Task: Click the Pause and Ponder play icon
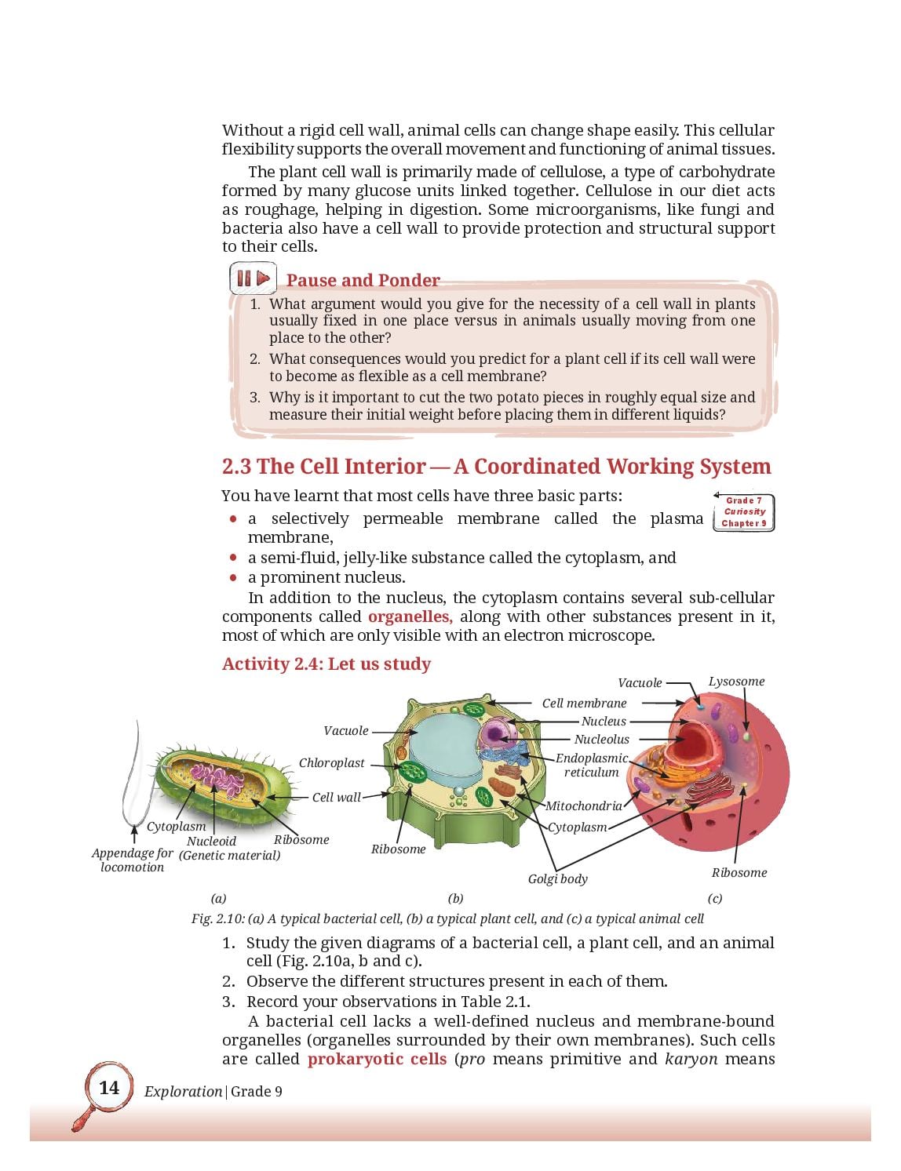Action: point(253,278)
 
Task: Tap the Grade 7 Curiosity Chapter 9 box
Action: point(743,512)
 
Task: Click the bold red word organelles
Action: point(410,616)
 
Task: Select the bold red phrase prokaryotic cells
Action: point(377,1059)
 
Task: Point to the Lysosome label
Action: point(736,681)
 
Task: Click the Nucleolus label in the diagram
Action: point(601,740)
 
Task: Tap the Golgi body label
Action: point(557,879)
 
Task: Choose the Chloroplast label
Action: point(332,763)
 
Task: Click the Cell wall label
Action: point(337,797)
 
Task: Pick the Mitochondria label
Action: point(583,806)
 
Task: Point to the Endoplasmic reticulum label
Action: point(592,766)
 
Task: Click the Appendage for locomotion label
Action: point(132,860)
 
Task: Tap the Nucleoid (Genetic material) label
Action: point(229,848)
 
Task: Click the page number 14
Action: point(109,1088)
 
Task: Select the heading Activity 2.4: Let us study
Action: point(326,664)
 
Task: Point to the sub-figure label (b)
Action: point(456,898)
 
